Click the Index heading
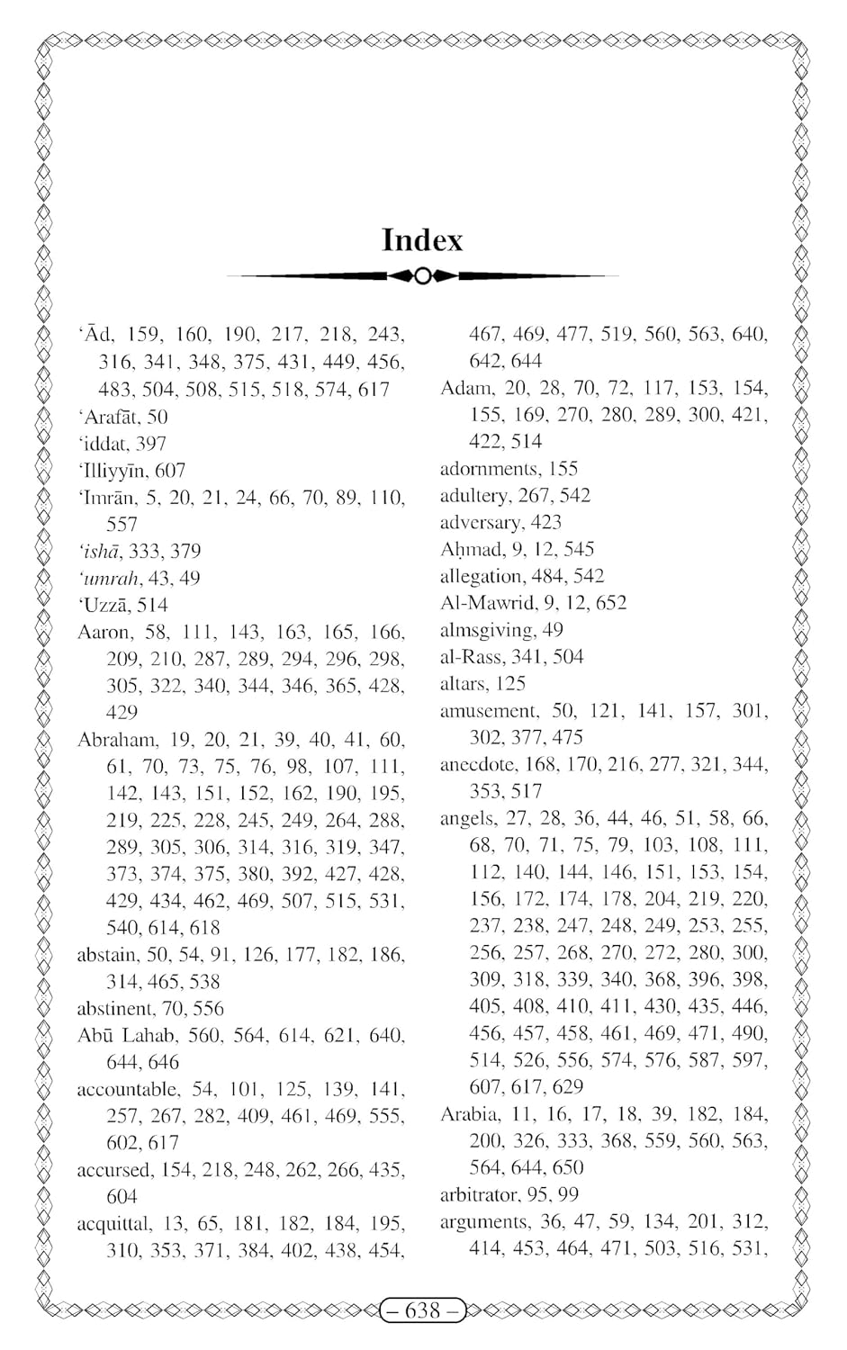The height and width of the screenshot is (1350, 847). click(422, 240)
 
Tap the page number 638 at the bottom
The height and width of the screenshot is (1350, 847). click(422, 1310)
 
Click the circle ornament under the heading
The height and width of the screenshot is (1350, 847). click(422, 275)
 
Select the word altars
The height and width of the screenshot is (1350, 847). click(463, 684)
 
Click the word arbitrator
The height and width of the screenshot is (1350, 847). click(478, 1195)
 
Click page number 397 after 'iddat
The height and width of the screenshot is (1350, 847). click(150, 443)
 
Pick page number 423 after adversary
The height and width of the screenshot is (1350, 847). click(545, 522)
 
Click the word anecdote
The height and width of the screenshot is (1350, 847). click(478, 765)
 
